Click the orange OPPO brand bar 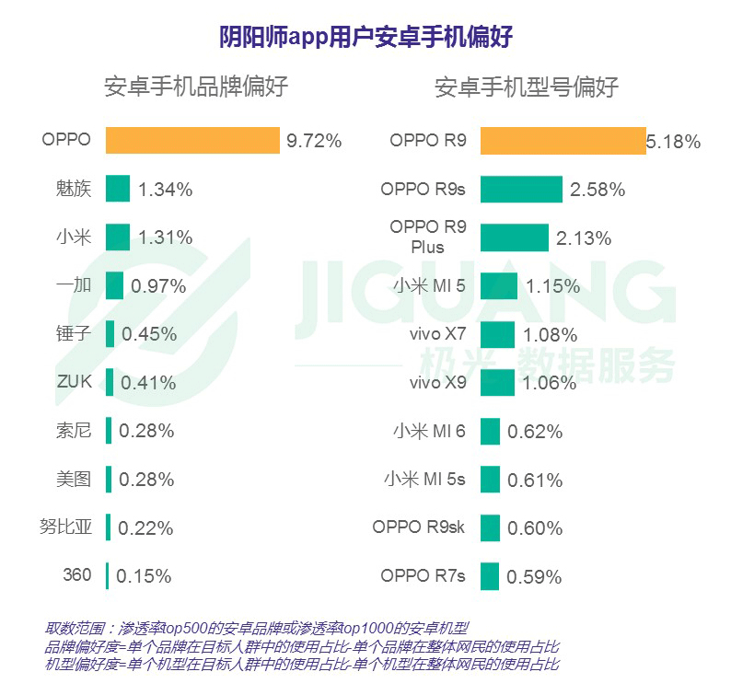coord(192,140)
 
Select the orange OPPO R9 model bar coord(562,141)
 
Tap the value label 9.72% coord(314,141)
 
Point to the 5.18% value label coord(674,142)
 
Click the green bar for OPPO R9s coord(520,189)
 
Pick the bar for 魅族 coord(118,189)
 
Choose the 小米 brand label coord(74,237)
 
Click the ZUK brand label coord(73,381)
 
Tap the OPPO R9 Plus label coord(428,237)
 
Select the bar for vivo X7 coord(497,334)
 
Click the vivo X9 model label coord(437,382)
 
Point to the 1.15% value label coord(552,285)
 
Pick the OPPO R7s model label coord(423,576)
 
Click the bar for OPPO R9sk coord(490,527)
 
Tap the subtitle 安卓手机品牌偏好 coord(196,87)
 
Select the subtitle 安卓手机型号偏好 coord(527,87)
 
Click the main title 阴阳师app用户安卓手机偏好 coord(365,37)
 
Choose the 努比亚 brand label coord(66,527)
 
